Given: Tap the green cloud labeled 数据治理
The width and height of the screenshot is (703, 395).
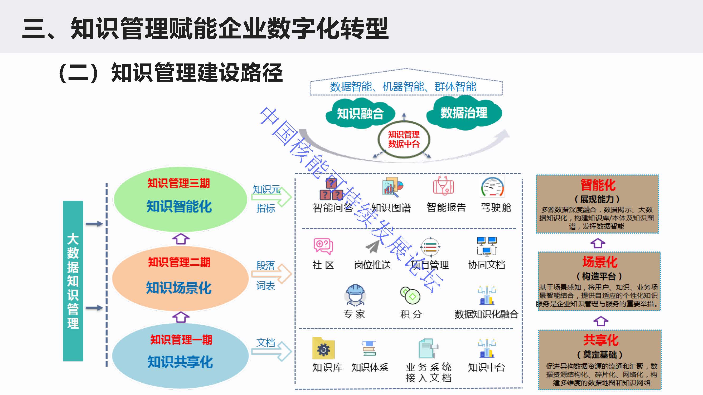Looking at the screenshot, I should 464,113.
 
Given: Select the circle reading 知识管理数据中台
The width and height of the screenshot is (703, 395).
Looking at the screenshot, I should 404,139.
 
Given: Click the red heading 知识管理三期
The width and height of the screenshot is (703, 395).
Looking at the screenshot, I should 178,183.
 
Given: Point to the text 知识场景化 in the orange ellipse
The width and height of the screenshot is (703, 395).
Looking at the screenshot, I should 179,288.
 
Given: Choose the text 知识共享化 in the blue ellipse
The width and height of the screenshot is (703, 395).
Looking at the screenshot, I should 180,362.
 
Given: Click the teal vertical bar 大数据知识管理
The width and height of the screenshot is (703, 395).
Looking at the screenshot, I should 73,281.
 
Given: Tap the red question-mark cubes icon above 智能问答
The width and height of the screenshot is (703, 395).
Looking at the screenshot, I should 331,190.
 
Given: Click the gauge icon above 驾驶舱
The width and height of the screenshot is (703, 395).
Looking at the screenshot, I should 492,187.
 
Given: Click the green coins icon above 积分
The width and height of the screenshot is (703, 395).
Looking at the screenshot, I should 410,295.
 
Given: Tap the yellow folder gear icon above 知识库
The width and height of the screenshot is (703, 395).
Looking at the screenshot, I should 323,349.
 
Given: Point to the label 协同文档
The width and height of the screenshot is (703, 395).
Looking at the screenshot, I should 487,265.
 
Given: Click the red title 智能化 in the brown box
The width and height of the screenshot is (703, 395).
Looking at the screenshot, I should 598,185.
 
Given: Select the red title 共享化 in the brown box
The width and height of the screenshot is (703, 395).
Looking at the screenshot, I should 601,340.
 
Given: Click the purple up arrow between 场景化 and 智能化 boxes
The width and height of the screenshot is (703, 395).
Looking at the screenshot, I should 598,243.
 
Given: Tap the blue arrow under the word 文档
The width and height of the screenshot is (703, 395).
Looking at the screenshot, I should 271,351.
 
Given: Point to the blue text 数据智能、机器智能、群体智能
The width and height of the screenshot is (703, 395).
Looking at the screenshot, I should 403,87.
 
